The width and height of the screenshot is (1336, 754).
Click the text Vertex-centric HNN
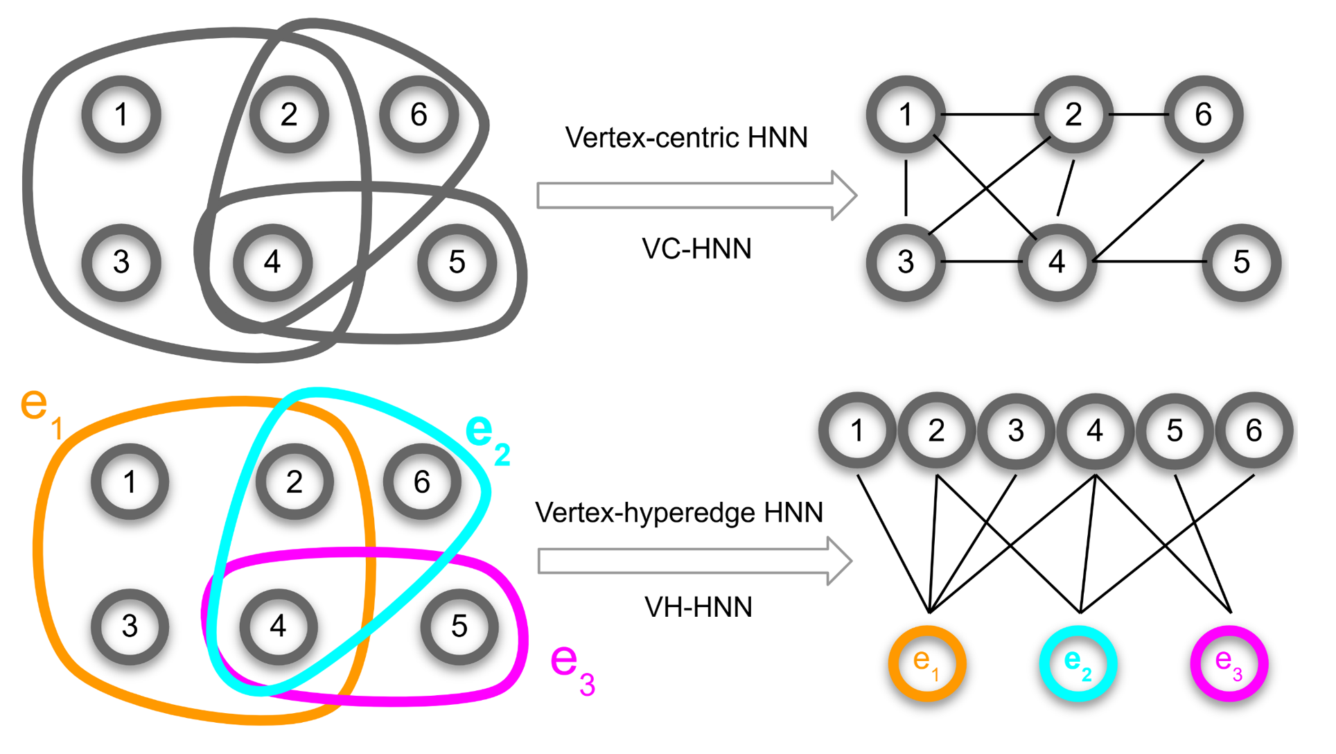686,138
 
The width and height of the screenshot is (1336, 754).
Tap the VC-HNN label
696,249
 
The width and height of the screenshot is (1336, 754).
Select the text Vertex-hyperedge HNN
679,513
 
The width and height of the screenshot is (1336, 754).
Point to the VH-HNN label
698,607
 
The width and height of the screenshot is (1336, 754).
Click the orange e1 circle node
927,663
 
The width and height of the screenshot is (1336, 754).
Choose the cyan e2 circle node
1078,663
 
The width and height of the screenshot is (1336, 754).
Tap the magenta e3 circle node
1229,663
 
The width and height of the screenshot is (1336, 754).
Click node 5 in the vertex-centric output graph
1241,262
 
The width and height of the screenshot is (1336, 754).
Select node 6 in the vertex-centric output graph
1203,114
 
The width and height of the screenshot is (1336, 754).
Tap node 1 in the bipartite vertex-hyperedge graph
857,430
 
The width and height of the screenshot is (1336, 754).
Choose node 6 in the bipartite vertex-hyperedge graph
1254,430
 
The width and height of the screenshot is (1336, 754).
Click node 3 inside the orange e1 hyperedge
130,626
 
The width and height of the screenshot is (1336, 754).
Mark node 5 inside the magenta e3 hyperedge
459,626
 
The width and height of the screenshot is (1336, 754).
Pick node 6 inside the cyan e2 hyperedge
421,482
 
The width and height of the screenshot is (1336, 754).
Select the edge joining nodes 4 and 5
1150,261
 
